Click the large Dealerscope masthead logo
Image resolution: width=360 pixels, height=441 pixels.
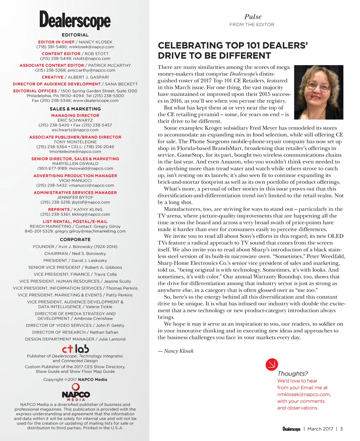[75, 20]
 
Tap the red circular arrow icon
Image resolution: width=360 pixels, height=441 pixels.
[272, 364]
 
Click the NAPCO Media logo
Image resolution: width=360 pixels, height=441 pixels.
[76, 393]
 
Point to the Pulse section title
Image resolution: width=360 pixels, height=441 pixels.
[253, 17]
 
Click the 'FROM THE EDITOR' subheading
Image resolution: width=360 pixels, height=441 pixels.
[252, 25]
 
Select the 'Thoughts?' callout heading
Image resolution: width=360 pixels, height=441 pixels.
[292, 374]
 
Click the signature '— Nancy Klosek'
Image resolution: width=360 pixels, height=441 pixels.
[176, 351]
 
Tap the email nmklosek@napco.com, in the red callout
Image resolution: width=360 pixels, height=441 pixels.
[304, 394]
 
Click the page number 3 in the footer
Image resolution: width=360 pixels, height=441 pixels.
[341, 429]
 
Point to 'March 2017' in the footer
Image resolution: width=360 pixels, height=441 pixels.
[320, 429]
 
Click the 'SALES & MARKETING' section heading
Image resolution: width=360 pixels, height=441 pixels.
[75, 109]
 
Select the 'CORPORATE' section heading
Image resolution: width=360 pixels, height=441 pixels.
[75, 239]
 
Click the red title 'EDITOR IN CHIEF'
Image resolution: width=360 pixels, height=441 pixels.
[56, 42]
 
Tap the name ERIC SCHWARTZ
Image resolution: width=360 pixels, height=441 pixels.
[75, 120]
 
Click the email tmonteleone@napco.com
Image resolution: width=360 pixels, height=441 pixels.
[75, 151]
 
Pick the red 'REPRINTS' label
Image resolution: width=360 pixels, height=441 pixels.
[59, 209]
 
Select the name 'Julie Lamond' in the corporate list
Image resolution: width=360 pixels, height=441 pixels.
[112, 339]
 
